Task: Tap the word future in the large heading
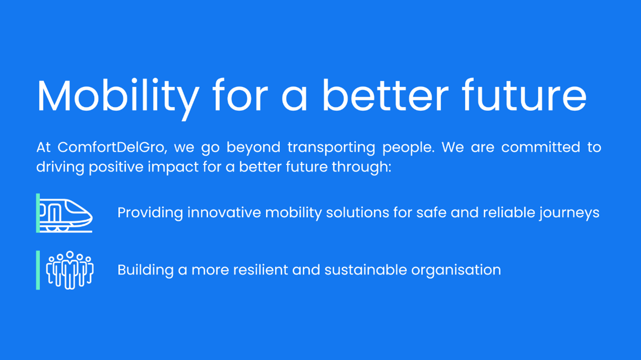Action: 525,95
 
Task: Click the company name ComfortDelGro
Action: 112,147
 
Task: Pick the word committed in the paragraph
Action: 540,147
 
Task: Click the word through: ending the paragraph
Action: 361,167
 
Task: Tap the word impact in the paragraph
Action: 173,167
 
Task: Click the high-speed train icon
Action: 66,216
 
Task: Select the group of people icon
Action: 69,270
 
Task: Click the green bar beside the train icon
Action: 38,213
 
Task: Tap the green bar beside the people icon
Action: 38,270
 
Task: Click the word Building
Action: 145,271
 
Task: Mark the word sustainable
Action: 365,270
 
